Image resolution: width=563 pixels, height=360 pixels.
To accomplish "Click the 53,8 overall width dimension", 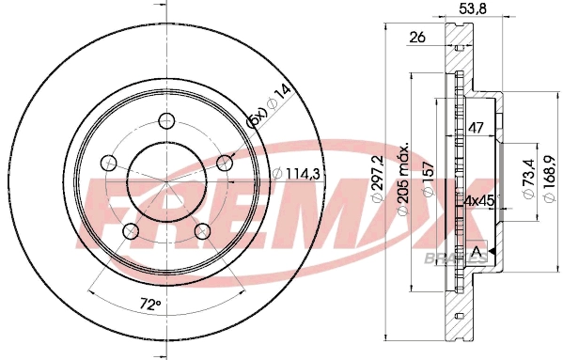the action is coord(473,8).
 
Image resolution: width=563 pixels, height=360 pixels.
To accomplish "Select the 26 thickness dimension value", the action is coord(417,37).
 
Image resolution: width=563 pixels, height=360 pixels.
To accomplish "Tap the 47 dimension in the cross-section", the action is coord(477,128).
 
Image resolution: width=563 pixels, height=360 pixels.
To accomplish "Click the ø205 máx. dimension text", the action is coord(404,180).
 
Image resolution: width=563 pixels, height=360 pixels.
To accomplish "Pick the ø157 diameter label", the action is coord(429,180).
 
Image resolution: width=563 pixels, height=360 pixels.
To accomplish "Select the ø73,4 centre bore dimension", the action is coord(529,179).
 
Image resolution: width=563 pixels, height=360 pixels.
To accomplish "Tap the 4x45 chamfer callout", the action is coord(478,200).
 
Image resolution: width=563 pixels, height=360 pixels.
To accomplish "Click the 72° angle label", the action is coord(150,305).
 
